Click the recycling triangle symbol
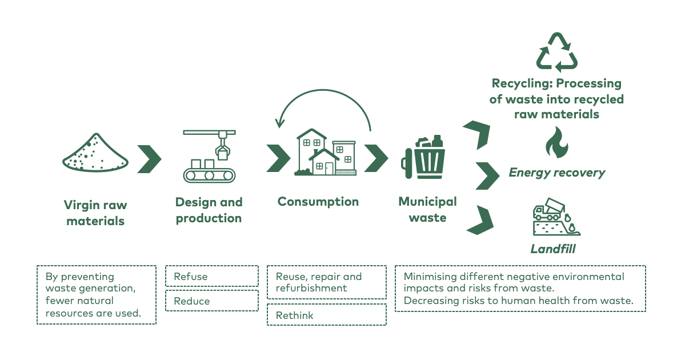(556, 53)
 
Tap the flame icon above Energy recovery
(556, 142)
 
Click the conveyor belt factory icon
(209, 156)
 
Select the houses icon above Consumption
(325, 152)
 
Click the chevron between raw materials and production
(149, 159)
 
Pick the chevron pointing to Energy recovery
(487, 176)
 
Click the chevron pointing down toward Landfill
(480, 220)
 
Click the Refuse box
(212, 276)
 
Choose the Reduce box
(212, 301)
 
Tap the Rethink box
(327, 315)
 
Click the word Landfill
(553, 249)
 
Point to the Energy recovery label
(556, 173)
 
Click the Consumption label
(318, 202)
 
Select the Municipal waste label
(427, 209)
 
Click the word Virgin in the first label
(80, 206)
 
